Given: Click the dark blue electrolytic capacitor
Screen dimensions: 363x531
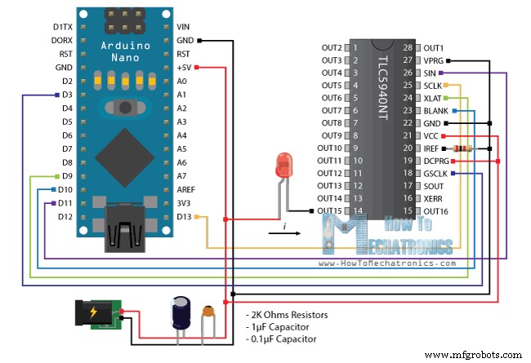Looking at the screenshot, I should pos(181,312).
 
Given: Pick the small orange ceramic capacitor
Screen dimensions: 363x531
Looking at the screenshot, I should pos(210,311).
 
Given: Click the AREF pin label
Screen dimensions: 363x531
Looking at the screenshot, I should pos(187,189).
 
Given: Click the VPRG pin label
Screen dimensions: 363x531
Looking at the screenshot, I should pos(433,60).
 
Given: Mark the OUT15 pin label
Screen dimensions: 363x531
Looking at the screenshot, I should pos(330,211).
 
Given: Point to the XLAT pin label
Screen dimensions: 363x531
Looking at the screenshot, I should pos(433,98).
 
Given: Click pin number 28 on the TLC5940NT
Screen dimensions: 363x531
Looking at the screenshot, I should pos(407,48).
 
